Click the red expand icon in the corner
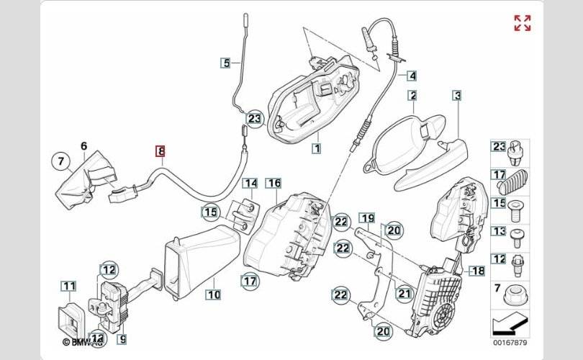click(523, 23)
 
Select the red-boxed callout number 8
click(161, 151)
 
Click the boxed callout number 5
click(225, 63)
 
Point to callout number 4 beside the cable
click(411, 75)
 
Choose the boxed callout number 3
click(456, 95)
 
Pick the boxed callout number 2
click(412, 95)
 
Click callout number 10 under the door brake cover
click(213, 294)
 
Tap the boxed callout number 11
click(68, 287)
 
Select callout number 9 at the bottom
click(122, 338)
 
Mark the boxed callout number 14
click(248, 183)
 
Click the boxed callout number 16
click(274, 183)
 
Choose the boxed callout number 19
click(366, 217)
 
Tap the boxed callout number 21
click(403, 293)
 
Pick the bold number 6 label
click(83, 146)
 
